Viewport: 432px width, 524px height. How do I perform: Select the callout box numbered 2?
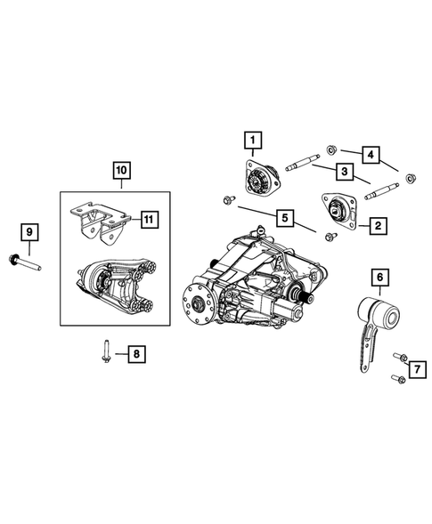[x=378, y=226]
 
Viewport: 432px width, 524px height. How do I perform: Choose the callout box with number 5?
[x=283, y=217]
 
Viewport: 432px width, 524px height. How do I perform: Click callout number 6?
[x=380, y=278]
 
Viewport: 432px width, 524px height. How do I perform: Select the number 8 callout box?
[x=136, y=355]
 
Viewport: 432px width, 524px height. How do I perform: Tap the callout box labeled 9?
[x=29, y=232]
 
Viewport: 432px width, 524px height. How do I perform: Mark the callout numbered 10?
[x=120, y=169]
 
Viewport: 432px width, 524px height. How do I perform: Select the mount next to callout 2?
[x=338, y=211]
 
